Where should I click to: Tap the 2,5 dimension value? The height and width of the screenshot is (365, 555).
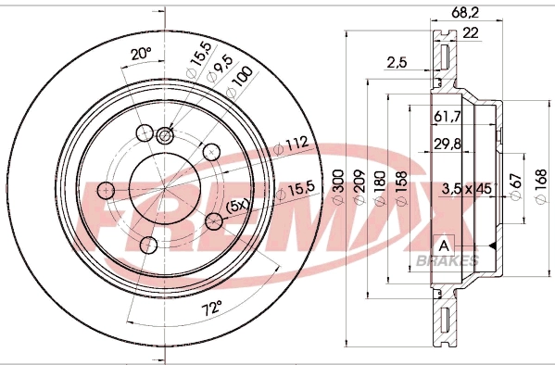(397, 62)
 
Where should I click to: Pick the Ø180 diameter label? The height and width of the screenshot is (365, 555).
(376, 186)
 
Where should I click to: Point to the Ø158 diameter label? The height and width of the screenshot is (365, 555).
(398, 186)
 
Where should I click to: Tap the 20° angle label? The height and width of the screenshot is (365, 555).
(141, 55)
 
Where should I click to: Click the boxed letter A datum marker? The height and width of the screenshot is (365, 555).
(444, 245)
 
